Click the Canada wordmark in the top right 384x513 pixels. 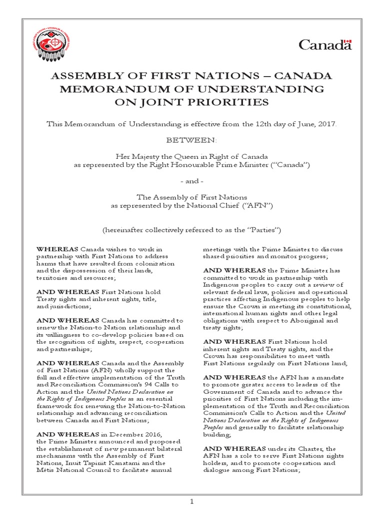(x=324, y=46)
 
